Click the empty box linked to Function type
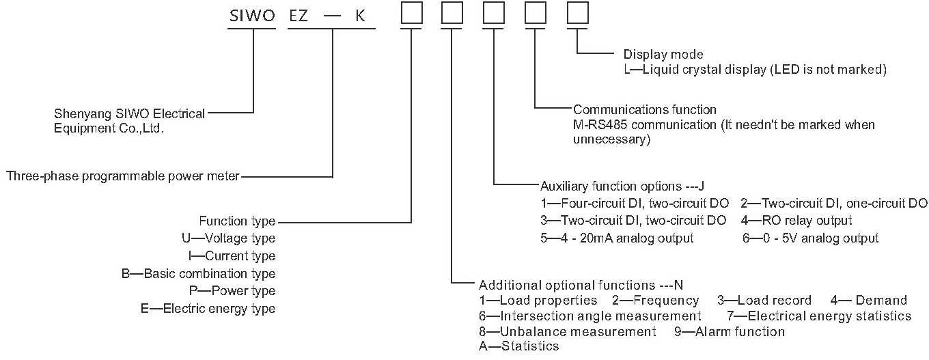pyautogui.click(x=411, y=14)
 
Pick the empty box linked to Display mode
pyautogui.click(x=577, y=14)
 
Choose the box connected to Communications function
pyautogui.click(x=536, y=14)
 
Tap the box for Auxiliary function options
pyautogui.click(x=494, y=14)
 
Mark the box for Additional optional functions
pyautogui.click(x=452, y=14)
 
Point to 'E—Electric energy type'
pyautogui.click(x=208, y=309)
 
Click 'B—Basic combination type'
pyautogui.click(x=198, y=274)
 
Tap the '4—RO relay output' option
pyautogui.click(x=796, y=221)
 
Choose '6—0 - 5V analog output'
pyautogui.click(x=810, y=238)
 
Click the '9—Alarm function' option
pyautogui.click(x=729, y=332)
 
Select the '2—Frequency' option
pyautogui.click(x=655, y=301)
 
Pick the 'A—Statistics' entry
pyautogui.click(x=519, y=346)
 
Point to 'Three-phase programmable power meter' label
pyautogui.click(x=123, y=176)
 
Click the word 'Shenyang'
pyautogui.click(x=76, y=114)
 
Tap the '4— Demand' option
pyautogui.click(x=868, y=301)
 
